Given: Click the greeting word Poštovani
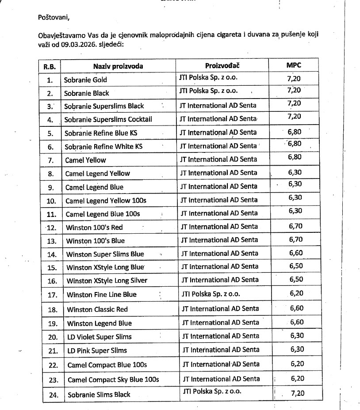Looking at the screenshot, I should [x=54, y=18].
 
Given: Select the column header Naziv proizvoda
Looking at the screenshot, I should [x=118, y=66].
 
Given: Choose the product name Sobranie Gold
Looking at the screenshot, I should [x=85, y=80].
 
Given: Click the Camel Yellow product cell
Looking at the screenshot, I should [x=85, y=160].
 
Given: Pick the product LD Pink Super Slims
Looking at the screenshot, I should [x=97, y=350].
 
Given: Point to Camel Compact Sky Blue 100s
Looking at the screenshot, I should [x=113, y=380].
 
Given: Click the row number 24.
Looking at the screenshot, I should [x=53, y=395].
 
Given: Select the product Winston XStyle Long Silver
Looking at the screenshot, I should [x=107, y=281].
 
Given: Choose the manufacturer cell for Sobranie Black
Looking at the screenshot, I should [x=208, y=91].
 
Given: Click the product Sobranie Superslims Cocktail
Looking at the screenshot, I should [x=108, y=119].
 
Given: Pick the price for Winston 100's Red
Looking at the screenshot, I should [x=295, y=226].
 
